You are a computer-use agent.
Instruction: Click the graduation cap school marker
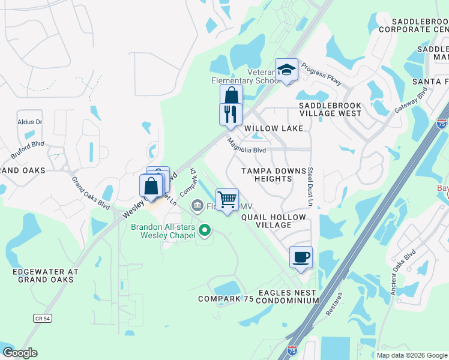coord(287,70)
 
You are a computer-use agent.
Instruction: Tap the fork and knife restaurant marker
coord(231,113)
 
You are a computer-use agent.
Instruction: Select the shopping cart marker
coord(227,199)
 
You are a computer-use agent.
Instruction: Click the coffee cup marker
coord(301,257)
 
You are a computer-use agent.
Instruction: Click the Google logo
coord(20,353)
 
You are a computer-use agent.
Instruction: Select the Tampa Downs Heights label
coord(275,175)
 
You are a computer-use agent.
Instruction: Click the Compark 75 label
coord(226,299)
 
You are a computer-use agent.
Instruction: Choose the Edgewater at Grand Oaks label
coord(46,275)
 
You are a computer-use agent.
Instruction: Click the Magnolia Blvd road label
coord(246,148)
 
